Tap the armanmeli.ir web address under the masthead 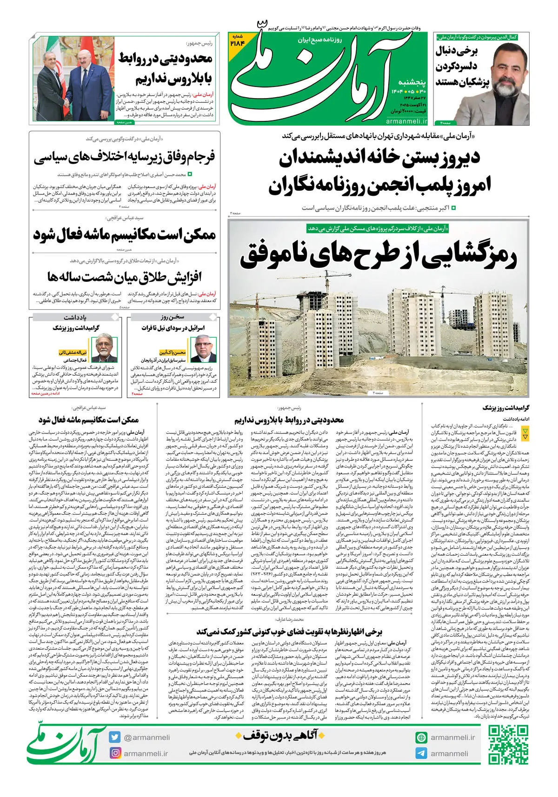(x=406, y=121)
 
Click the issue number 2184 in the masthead (x=244, y=40)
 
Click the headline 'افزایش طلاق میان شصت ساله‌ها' (x=124, y=278)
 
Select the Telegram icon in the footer (x=421, y=753)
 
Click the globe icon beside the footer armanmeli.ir (x=421, y=737)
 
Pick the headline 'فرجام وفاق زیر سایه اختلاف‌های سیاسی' (x=124, y=158)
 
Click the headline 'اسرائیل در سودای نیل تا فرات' (x=173, y=328)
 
